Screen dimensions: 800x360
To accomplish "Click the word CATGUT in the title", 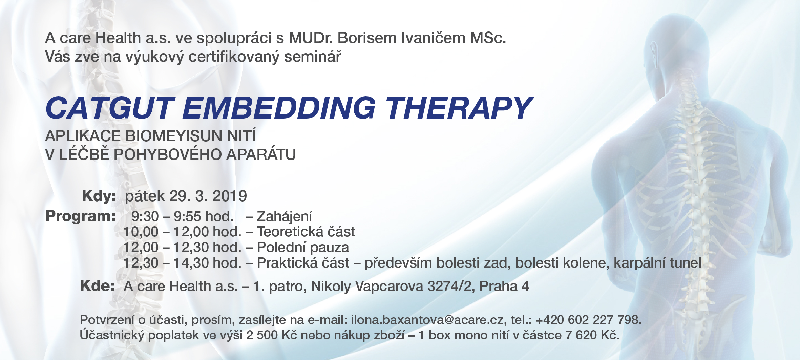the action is (x=110, y=108).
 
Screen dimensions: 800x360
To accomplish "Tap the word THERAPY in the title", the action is (x=459, y=108).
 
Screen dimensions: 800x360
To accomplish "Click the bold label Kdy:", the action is (x=99, y=196).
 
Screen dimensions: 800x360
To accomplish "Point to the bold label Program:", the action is (x=81, y=216).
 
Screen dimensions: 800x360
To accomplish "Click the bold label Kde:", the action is (x=98, y=286).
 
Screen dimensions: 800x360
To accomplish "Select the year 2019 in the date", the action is (x=230, y=196).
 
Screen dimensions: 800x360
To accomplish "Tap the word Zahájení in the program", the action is (x=285, y=217).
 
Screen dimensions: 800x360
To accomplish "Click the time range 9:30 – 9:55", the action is (x=166, y=217).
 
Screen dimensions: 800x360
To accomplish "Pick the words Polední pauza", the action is (x=303, y=248).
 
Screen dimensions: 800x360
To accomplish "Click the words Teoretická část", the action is (x=306, y=232).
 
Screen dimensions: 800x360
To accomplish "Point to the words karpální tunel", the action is (x=657, y=263).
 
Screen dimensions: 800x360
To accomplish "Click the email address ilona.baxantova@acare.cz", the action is (x=427, y=320).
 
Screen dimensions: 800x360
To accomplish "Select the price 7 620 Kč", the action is (x=592, y=335).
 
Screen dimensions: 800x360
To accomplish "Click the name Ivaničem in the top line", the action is (x=433, y=38).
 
